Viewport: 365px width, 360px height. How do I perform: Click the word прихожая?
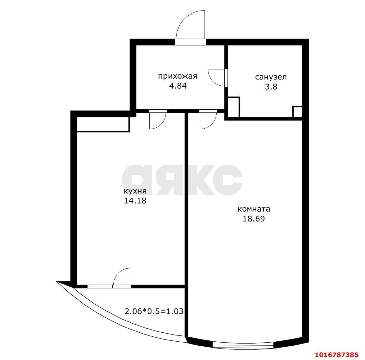point(178,76)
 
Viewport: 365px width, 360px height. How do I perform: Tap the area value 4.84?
point(178,86)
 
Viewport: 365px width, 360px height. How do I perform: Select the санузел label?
point(271,77)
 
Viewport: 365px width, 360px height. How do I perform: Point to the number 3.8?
point(271,87)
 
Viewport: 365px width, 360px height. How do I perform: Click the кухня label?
point(135,191)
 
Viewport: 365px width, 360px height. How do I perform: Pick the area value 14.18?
point(135,201)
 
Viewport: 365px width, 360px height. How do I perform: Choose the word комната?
point(254,209)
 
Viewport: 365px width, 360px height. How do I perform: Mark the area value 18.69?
point(254,219)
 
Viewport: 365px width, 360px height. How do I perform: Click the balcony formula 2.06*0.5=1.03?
point(154,311)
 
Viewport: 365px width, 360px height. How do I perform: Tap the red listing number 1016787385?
point(336,355)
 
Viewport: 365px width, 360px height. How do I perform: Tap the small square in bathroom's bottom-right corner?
point(297,112)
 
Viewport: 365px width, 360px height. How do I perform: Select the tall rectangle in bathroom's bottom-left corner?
point(233,107)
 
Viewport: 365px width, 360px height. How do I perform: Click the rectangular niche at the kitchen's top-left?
point(103,125)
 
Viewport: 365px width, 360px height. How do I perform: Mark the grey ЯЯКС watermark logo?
point(182,180)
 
